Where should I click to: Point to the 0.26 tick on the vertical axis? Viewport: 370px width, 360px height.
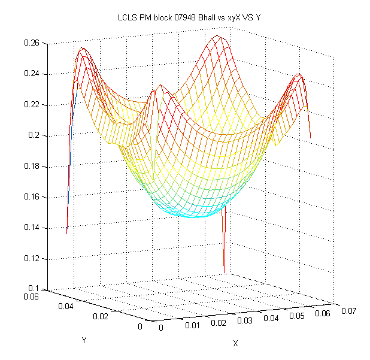coord(31,43)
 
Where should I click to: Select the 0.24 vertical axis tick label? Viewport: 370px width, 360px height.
coord(31,74)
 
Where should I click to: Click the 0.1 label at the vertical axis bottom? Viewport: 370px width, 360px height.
coord(34,289)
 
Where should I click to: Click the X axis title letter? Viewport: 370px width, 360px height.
coord(235,344)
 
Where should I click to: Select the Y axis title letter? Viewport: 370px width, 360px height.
coord(84,340)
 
